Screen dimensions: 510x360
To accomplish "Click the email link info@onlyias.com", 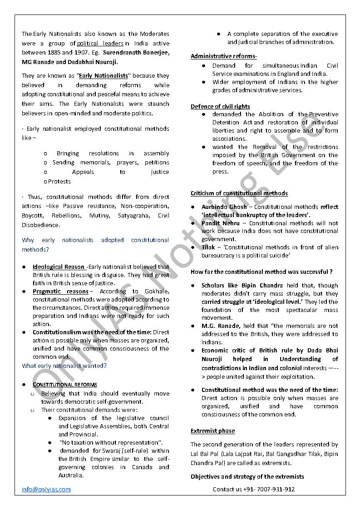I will (46, 489).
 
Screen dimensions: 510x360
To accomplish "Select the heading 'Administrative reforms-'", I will (224, 56).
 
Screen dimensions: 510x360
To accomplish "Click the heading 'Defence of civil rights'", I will (220, 106).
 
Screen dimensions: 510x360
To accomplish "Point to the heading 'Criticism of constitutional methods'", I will (239, 193).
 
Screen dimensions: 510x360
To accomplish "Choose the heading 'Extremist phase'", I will (212, 431).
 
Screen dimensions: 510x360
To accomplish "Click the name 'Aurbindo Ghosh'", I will (224, 207).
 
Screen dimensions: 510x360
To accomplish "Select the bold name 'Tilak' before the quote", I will (208, 248).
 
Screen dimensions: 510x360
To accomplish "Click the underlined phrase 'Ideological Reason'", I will (59, 267).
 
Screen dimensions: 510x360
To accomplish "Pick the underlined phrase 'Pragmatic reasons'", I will (60, 291).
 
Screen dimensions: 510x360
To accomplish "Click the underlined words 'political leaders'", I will (100, 44).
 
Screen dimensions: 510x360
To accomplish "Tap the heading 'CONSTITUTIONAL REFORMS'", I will (64, 385).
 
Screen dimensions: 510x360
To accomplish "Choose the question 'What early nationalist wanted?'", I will (64, 366).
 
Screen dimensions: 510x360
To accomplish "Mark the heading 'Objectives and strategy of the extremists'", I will (247, 476).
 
